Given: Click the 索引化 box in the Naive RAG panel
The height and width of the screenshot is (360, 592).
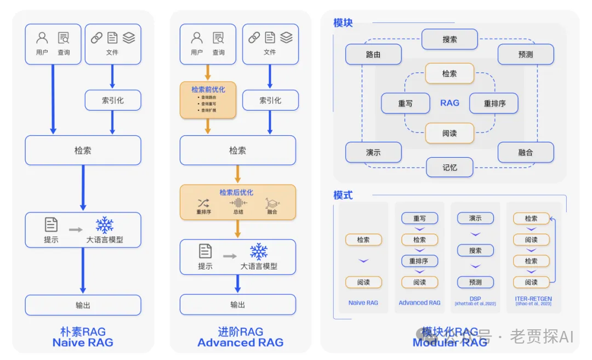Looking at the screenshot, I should pyautogui.click(x=112, y=100).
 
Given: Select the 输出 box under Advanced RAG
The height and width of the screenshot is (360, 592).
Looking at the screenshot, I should pyautogui.click(x=237, y=305).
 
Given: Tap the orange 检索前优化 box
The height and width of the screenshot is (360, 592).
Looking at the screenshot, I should pyautogui.click(x=208, y=100).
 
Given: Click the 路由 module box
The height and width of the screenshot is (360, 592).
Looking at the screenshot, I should pyautogui.click(x=373, y=55).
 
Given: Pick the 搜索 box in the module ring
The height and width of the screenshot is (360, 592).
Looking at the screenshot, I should pyautogui.click(x=449, y=39).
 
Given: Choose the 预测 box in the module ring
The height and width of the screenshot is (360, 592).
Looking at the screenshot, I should pyautogui.click(x=525, y=55).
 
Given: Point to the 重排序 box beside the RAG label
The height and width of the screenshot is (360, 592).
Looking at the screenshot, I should pyautogui.click(x=494, y=103).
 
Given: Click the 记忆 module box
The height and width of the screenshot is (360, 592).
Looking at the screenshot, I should pyautogui.click(x=449, y=167).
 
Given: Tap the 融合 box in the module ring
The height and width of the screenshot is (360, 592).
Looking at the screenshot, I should pyautogui.click(x=525, y=152).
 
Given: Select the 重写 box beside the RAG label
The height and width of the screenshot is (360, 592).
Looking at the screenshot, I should pyautogui.click(x=405, y=103).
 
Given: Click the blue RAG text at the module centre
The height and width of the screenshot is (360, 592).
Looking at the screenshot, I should pyautogui.click(x=449, y=103).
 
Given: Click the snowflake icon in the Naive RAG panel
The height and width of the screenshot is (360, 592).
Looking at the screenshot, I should pyautogui.click(x=104, y=225).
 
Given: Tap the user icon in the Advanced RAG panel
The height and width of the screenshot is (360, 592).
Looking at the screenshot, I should pyautogui.click(x=197, y=38).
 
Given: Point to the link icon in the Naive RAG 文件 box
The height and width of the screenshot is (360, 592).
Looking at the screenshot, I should pyautogui.click(x=96, y=38).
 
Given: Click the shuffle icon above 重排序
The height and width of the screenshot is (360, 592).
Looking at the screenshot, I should pyautogui.click(x=203, y=203).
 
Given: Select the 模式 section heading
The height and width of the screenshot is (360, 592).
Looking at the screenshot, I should pyautogui.click(x=343, y=195).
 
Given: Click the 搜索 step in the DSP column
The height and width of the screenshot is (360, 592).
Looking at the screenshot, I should pyautogui.click(x=475, y=250).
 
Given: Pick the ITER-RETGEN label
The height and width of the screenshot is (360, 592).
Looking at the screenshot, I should pyautogui.click(x=533, y=299).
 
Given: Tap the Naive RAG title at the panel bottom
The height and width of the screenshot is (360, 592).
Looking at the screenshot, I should pyautogui.click(x=83, y=342).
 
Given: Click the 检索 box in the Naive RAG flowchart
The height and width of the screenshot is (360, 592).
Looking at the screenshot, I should pyautogui.click(x=83, y=150).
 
